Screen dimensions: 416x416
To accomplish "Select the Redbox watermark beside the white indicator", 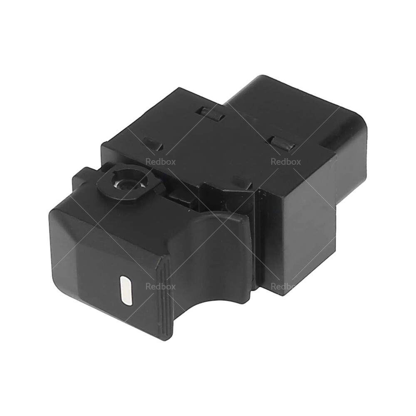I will [160, 286].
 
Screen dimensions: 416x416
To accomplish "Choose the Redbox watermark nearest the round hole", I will [160, 162].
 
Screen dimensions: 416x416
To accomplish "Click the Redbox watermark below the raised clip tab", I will [285, 162].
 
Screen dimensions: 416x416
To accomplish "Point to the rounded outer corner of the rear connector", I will [362, 125].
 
